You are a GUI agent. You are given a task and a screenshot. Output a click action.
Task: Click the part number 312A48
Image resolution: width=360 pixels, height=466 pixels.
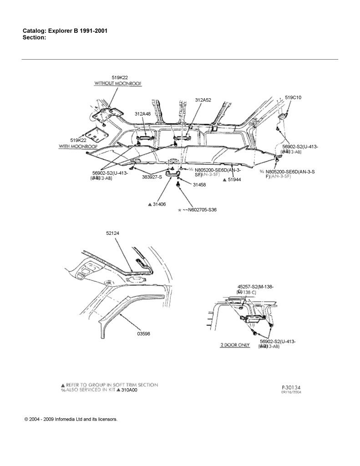142,114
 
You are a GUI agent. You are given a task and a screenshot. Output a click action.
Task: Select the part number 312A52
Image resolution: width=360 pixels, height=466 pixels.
203,100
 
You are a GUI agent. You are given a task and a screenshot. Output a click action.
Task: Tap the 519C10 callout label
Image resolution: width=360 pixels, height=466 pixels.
293,97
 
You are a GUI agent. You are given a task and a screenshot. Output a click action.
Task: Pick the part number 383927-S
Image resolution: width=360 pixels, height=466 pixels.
152,177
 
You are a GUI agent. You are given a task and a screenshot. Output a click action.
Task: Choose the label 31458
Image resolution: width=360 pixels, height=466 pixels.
199,185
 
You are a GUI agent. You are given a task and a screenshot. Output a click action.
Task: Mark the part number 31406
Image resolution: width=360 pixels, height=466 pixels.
159,205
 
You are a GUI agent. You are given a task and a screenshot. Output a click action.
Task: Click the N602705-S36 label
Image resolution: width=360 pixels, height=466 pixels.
199,210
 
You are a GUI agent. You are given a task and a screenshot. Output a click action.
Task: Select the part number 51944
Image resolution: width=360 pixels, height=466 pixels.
234,180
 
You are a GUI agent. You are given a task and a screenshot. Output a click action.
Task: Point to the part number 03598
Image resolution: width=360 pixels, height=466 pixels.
143,334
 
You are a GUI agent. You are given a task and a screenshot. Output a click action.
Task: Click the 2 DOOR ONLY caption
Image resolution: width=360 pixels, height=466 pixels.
235,345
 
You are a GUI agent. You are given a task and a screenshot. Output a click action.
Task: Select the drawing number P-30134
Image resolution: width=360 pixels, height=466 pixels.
291,387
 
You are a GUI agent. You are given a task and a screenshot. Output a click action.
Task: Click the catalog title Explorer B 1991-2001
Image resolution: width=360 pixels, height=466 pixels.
65,30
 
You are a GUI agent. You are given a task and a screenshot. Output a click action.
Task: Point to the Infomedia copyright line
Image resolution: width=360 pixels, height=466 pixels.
71,419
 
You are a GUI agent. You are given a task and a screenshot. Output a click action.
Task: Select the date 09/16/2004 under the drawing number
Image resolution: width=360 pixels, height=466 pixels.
292,392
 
